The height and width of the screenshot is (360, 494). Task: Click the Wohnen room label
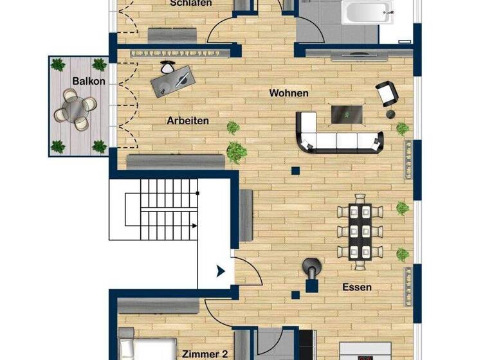click(289, 93)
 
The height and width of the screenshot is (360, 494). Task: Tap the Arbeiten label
click(188, 120)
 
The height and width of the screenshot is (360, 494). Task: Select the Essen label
click(356, 287)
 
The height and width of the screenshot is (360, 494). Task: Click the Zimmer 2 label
click(205, 354)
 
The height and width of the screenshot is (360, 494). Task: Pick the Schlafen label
click(191, 3)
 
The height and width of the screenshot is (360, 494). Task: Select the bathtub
click(367, 11)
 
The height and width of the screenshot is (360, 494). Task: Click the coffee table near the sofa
click(346, 114)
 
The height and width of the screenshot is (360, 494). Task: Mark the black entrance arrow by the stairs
click(221, 271)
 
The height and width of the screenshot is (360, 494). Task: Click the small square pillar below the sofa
click(295, 171)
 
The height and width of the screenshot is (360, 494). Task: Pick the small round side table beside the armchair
click(390, 114)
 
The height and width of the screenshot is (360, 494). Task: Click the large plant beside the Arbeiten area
click(237, 152)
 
